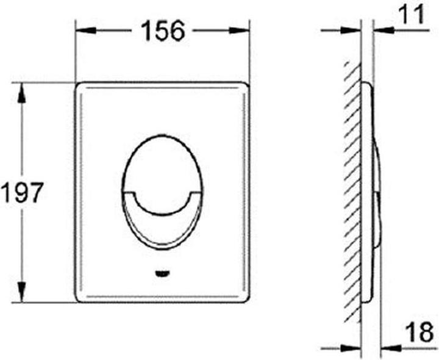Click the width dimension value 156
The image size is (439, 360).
point(163,31)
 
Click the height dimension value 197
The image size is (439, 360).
point(22,193)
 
